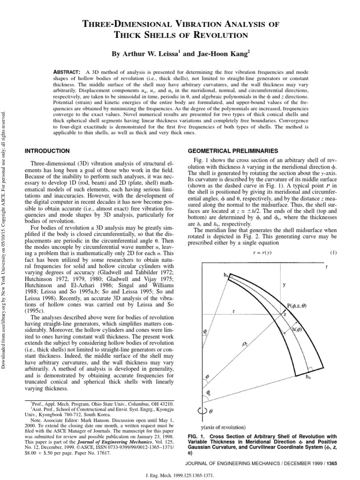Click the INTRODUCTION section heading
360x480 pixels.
pos(47,150)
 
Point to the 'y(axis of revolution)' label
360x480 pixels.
pos(223,427)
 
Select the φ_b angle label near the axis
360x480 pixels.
pos(209,393)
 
